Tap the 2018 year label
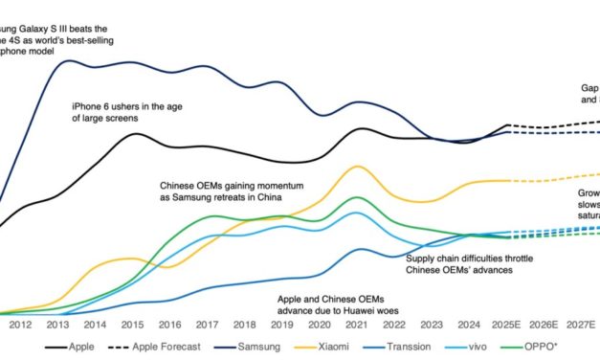[x=245, y=324]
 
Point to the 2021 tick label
[x=356, y=324]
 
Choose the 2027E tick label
[x=581, y=324]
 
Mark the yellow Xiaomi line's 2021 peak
[x=357, y=166]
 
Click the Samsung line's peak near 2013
[x=72, y=61]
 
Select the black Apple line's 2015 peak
[x=137, y=133]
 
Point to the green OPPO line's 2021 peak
[x=357, y=197]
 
